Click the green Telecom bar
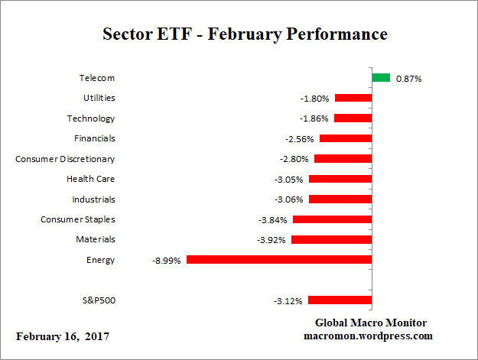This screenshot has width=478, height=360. coord(381,78)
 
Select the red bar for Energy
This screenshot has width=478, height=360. coord(279,260)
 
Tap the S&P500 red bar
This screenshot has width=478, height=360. coord(340,300)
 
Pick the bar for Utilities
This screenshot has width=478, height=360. coord(353,98)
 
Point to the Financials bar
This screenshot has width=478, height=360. coord(345,138)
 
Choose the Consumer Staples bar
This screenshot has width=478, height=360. coord(332,219)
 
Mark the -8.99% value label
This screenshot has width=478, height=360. coord(167,260)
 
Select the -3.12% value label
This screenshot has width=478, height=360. coord(288,300)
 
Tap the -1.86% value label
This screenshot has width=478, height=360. coord(314,118)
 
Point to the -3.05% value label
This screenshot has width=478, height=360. coord(289,179)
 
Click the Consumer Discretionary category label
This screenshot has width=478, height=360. coord(65,159)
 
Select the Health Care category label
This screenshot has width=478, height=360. coord(91,179)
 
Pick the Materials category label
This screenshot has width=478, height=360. coord(96,239)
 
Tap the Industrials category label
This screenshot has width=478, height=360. coord(93,199)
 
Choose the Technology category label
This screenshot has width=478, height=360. coord(90,118)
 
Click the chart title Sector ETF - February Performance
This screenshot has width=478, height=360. coord(245,34)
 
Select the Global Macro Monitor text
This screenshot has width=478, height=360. coord(371,323)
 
